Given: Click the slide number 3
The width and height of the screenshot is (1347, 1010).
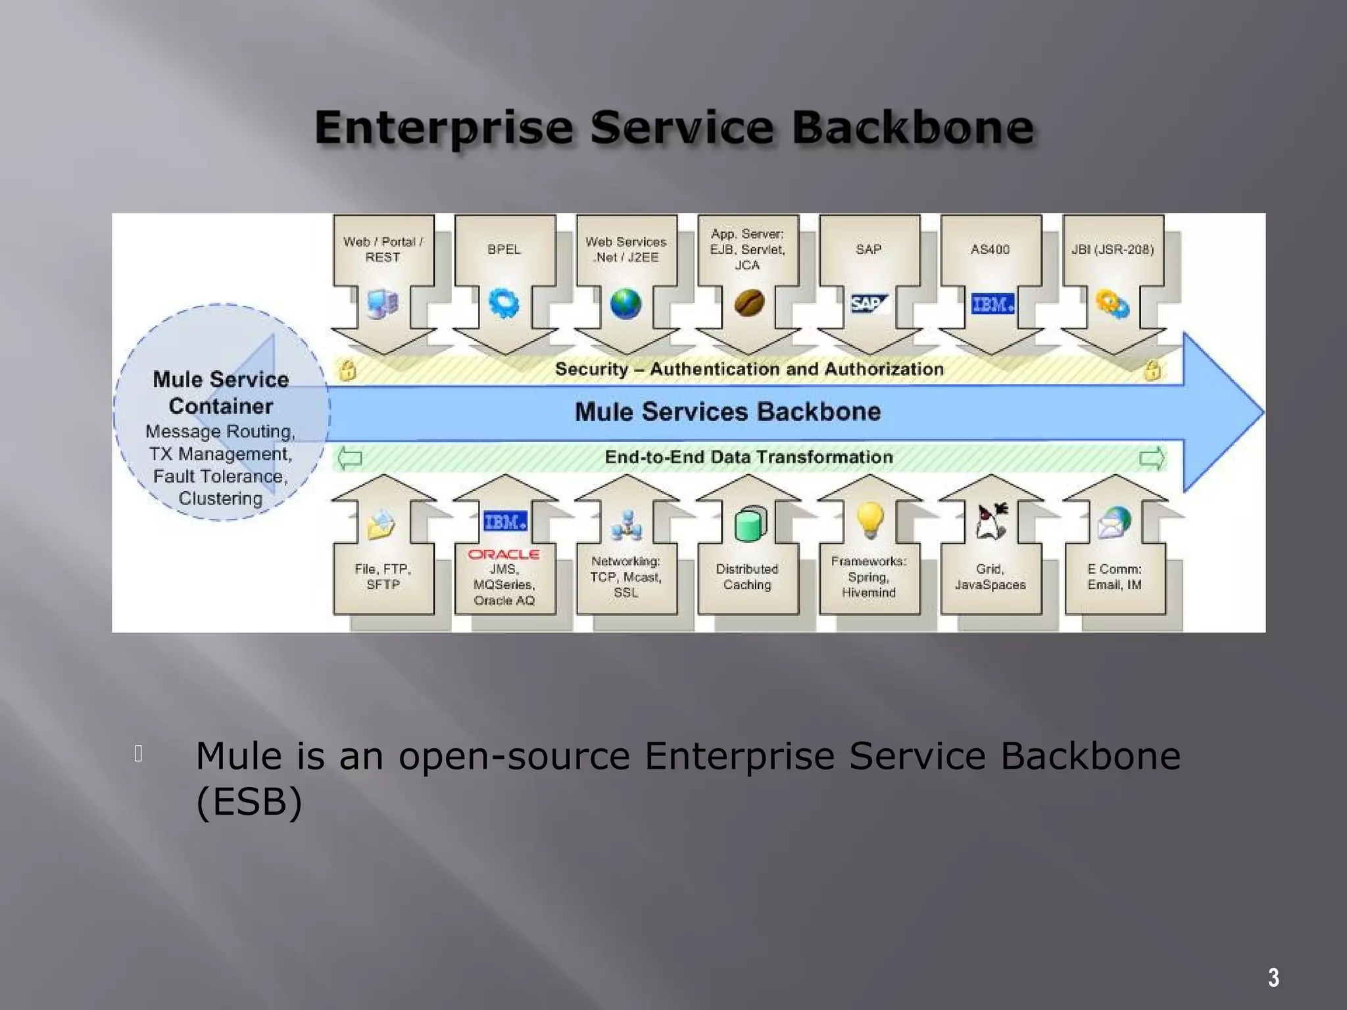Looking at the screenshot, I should (1273, 978).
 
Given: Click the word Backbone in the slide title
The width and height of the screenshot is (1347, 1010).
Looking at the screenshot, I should (912, 128).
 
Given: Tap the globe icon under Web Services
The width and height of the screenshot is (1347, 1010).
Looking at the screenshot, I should (625, 304).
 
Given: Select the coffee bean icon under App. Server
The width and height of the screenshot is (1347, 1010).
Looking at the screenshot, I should (748, 304).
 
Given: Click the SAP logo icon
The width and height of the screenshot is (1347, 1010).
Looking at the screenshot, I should (868, 303).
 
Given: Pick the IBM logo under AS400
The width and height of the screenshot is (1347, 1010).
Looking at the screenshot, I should (992, 304).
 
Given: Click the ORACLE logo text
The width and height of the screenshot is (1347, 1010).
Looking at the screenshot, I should (504, 554).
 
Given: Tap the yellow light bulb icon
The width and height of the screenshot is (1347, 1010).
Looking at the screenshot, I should (869, 519).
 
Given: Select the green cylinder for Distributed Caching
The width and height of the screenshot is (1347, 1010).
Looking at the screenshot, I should (750, 524).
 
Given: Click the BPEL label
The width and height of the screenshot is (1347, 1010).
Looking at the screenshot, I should (504, 249).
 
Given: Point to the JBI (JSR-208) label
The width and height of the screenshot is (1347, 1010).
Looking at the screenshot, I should (1112, 249).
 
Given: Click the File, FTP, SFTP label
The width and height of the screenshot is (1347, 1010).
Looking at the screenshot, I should (383, 577).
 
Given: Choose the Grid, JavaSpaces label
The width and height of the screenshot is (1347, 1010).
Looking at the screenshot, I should (990, 577).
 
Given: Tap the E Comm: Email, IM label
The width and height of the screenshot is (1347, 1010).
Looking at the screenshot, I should (1114, 577).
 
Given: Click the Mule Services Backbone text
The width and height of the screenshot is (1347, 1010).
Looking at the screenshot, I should (727, 412).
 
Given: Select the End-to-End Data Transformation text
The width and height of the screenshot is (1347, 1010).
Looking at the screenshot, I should (748, 457).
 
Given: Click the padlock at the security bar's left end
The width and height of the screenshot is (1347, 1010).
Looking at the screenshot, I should (347, 370).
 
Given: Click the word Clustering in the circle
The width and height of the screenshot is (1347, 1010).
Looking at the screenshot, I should (220, 498).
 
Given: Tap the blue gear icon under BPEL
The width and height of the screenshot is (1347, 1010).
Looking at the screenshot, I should (504, 304).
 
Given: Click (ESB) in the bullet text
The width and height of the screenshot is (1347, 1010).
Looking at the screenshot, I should (249, 802).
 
